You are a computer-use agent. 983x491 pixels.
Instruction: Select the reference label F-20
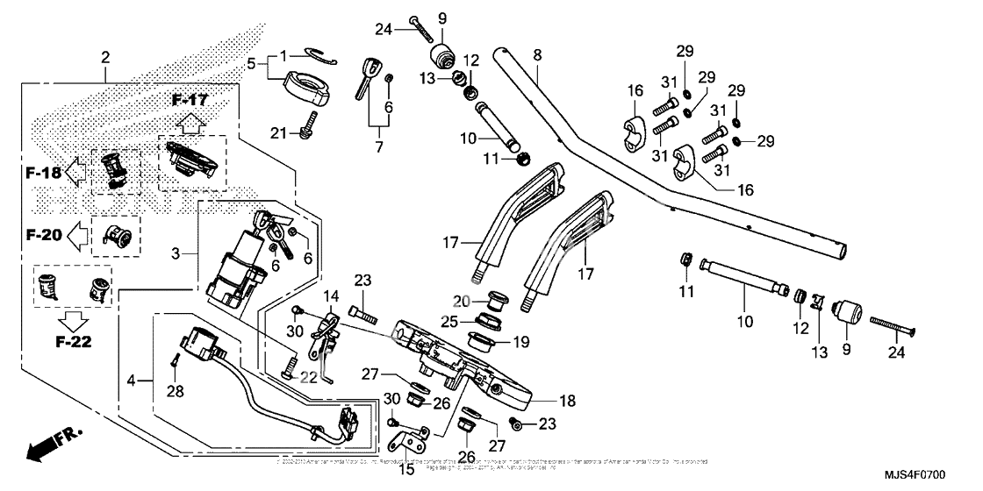[44, 234]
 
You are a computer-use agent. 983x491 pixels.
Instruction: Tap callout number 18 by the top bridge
[568, 401]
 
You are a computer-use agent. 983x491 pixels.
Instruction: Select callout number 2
[105, 58]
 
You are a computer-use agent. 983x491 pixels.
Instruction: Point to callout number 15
[406, 469]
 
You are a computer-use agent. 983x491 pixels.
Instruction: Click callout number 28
[176, 391]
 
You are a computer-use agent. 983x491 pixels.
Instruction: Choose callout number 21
[279, 132]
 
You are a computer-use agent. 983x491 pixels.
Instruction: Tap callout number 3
[176, 253]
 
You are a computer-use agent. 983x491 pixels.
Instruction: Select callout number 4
[133, 381]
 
